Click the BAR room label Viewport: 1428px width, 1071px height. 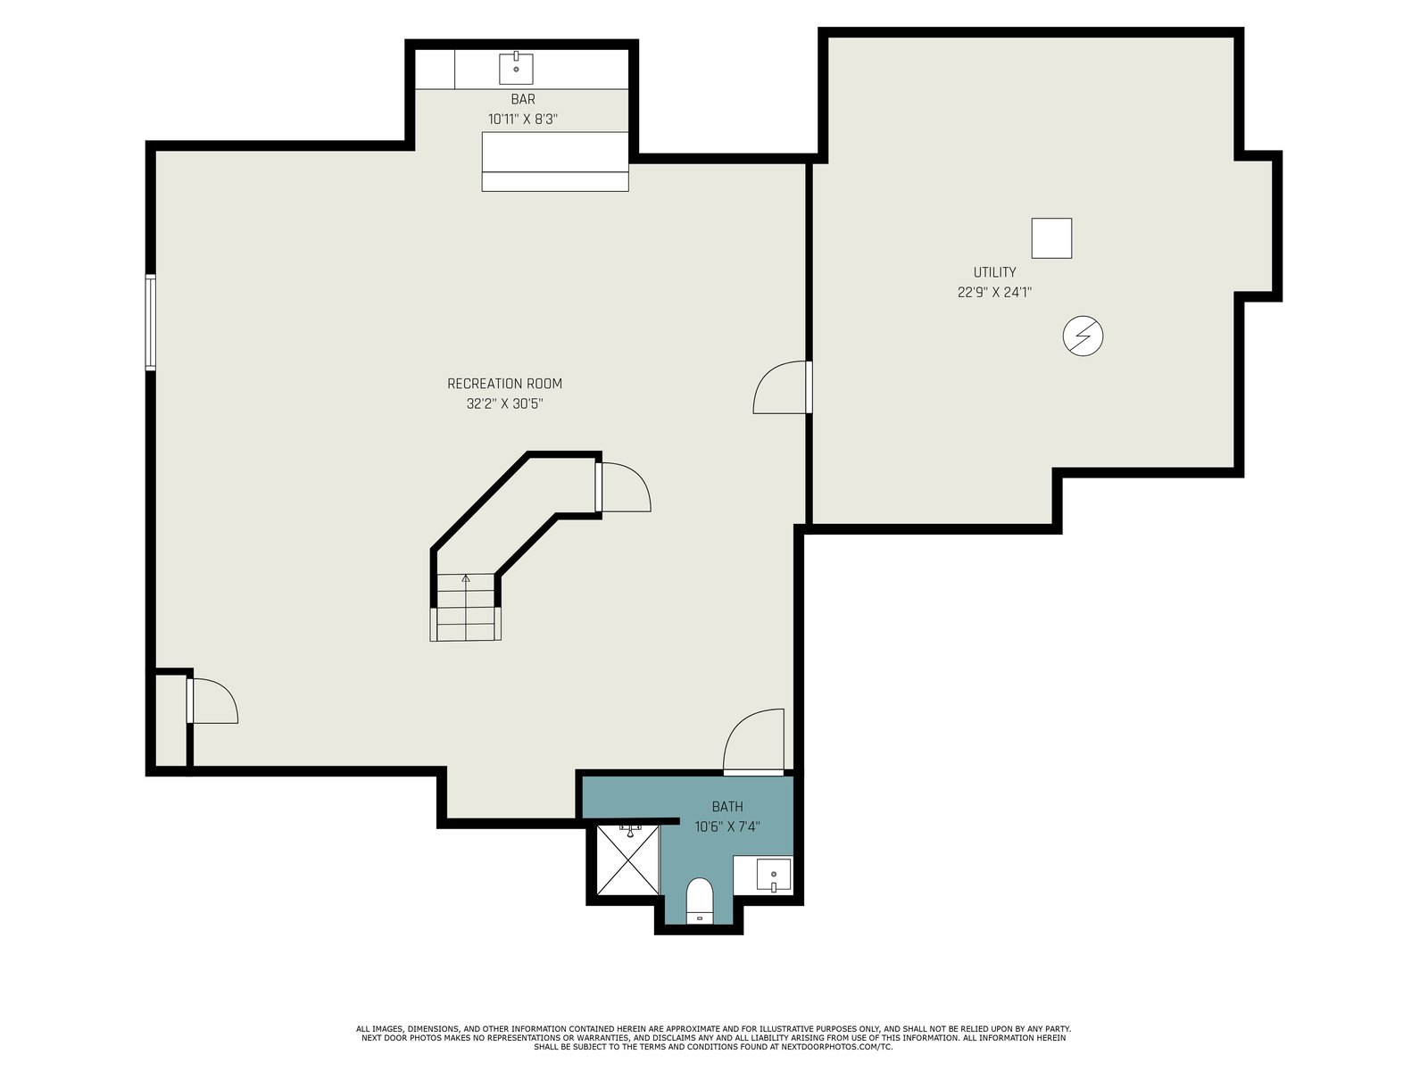[522, 99]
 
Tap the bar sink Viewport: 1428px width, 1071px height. [516, 69]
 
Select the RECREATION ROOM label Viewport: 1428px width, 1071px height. [504, 384]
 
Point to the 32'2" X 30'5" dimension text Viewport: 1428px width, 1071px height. [504, 403]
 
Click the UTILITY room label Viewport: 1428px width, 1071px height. [994, 272]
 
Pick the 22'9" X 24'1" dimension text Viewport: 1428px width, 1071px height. [994, 292]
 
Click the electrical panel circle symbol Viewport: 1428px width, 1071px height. [1083, 336]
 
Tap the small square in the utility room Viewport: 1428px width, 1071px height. [1051, 238]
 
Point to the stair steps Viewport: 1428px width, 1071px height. [465, 608]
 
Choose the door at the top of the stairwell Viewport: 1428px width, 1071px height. [623, 487]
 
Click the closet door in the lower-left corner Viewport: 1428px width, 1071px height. [212, 701]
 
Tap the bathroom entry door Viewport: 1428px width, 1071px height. [753, 742]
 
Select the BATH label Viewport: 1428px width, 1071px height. [727, 807]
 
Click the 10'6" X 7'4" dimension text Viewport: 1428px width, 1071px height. [727, 827]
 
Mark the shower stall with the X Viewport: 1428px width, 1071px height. [627, 859]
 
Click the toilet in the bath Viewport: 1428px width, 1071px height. [700, 900]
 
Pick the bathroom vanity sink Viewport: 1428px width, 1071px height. [774, 875]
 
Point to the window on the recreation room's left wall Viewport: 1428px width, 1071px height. [150, 322]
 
